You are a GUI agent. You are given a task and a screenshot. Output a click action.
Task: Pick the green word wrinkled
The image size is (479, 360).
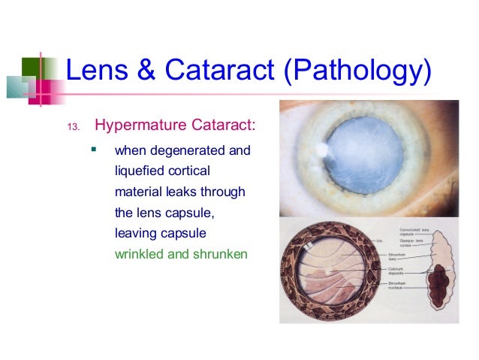140,253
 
